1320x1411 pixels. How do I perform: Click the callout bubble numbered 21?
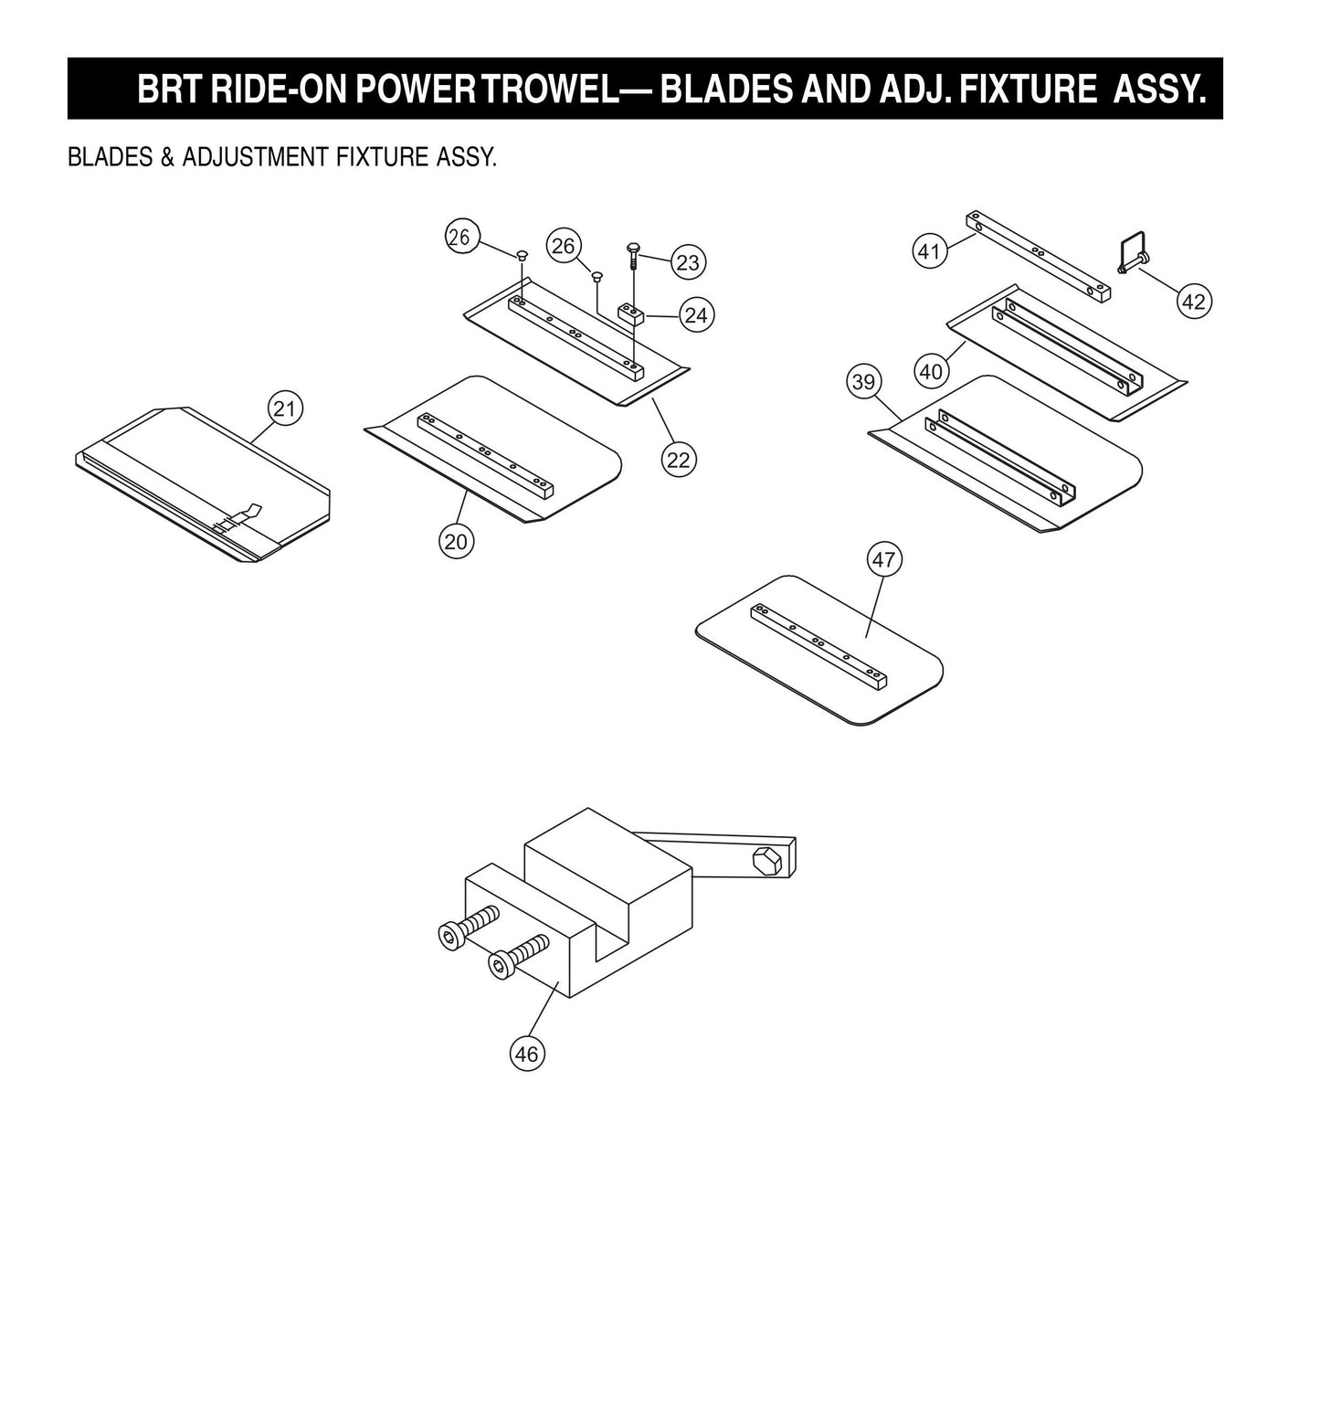(x=285, y=408)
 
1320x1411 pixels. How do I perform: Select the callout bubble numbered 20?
(x=455, y=542)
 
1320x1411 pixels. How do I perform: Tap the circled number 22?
(x=678, y=460)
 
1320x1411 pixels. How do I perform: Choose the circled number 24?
(x=696, y=315)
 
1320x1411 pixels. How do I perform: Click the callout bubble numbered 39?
(x=863, y=382)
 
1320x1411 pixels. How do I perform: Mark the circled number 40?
(x=931, y=372)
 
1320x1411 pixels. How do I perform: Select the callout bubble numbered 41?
(x=929, y=251)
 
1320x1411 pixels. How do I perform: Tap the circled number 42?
(x=1193, y=302)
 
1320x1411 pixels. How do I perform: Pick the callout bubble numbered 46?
(x=526, y=1054)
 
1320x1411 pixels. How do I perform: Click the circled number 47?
(x=883, y=558)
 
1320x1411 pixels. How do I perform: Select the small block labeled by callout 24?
(x=631, y=315)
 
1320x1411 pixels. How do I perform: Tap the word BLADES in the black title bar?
(x=725, y=90)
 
